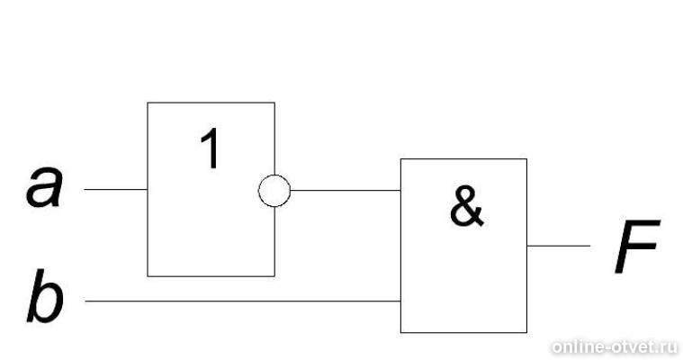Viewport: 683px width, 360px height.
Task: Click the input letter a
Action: pyautogui.click(x=44, y=186)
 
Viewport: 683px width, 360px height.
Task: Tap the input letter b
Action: pyautogui.click(x=45, y=296)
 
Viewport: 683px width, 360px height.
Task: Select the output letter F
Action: pyautogui.click(x=637, y=247)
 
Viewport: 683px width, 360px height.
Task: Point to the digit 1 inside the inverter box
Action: pyautogui.click(x=211, y=149)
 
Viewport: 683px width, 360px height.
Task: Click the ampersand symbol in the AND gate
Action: pyautogui.click(x=466, y=206)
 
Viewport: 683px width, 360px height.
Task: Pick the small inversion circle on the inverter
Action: pyautogui.click(x=274, y=191)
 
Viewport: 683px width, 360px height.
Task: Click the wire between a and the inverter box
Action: pyautogui.click(x=116, y=190)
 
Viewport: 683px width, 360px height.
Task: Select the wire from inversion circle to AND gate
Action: pyautogui.click(x=346, y=191)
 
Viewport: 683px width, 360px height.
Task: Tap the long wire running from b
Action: pyautogui.click(x=243, y=301)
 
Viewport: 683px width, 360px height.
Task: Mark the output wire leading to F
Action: pyautogui.click(x=559, y=246)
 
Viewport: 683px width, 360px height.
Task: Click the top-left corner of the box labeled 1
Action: pyautogui.click(x=148, y=103)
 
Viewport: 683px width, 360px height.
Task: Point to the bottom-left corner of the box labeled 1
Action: pyautogui.click(x=148, y=276)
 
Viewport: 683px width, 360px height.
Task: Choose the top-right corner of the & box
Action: pyautogui.click(x=526, y=159)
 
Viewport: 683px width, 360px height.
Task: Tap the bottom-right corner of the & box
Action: pyautogui.click(x=526, y=332)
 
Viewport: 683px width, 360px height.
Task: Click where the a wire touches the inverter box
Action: pyautogui.click(x=148, y=190)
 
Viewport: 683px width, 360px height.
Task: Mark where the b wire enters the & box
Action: pyautogui.click(x=400, y=301)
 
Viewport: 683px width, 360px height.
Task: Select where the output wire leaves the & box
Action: pyautogui.click(x=527, y=246)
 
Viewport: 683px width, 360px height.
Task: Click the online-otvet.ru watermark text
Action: pyautogui.click(x=615, y=347)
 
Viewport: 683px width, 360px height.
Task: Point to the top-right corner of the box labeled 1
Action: pyautogui.click(x=274, y=103)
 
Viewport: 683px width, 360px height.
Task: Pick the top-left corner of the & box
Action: pyautogui.click(x=400, y=159)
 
